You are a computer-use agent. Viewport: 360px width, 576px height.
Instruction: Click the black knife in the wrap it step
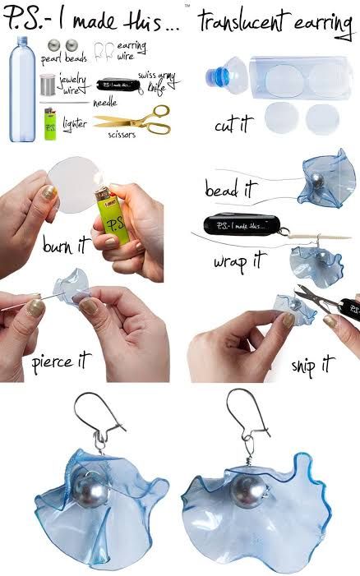click(x=238, y=224)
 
